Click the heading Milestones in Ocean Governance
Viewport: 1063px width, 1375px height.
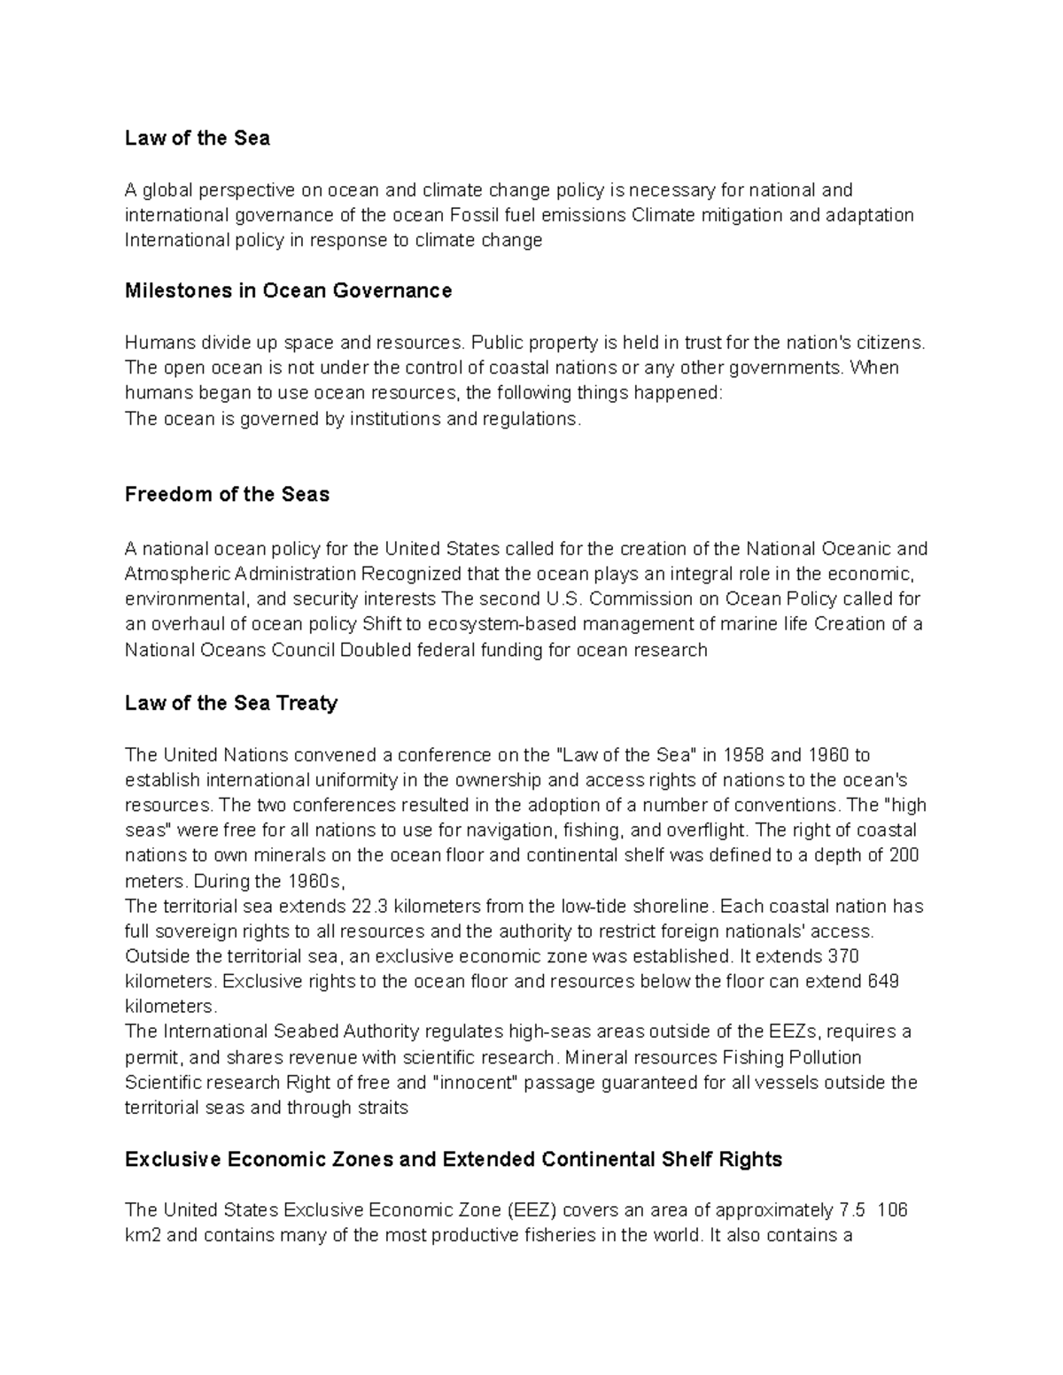tap(288, 290)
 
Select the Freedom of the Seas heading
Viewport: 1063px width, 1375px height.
tap(227, 494)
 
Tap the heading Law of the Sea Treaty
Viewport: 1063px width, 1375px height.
tap(231, 703)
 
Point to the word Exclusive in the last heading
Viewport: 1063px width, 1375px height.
tap(170, 1159)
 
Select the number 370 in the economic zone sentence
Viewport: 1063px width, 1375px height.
tap(842, 956)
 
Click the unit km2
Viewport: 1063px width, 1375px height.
tap(144, 1235)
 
